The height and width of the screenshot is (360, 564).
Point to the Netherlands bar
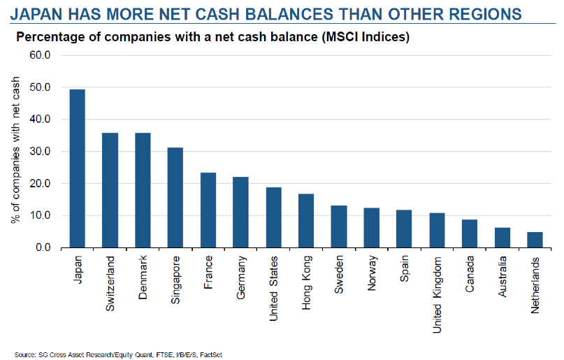535,240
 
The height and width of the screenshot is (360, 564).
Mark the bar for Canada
468,233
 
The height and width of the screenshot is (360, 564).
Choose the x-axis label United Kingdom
438,294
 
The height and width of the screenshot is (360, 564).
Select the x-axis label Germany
241,278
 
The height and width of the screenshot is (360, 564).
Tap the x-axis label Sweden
339,275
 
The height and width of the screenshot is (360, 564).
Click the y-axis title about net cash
15,152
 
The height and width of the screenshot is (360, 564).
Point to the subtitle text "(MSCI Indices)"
364,36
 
